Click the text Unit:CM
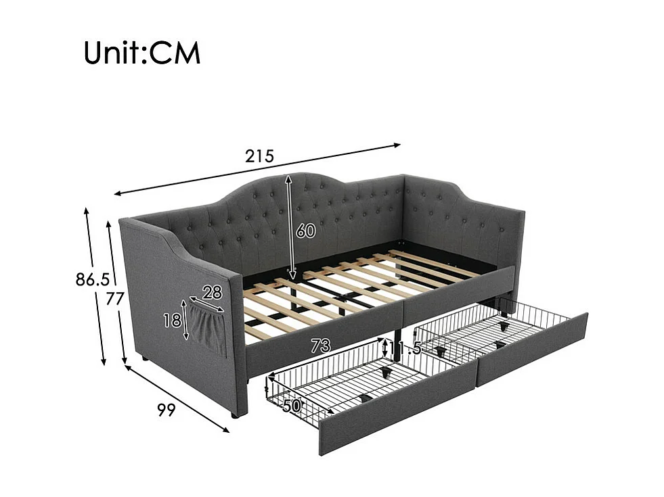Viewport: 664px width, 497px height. tap(142, 53)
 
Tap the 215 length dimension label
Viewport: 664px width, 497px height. tap(259, 157)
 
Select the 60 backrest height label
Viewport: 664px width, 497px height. tap(305, 231)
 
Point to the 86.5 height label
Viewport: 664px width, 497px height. tap(92, 279)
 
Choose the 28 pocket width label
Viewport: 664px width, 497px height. tap(212, 293)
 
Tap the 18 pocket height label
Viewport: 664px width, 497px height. tap(172, 320)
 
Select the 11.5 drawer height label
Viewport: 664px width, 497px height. tap(405, 349)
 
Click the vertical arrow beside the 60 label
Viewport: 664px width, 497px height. tap(290, 227)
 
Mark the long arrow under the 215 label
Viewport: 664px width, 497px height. tap(258, 169)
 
